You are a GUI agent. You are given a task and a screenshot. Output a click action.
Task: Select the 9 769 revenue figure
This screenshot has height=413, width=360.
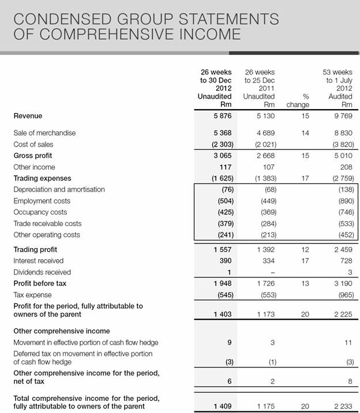(342, 116)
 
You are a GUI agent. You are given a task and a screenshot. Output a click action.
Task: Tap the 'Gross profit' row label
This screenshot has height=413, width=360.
(32, 156)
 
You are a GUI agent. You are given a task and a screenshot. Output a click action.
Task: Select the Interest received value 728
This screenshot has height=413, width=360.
(345, 261)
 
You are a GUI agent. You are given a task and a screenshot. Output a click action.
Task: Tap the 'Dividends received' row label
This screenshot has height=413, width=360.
(42, 272)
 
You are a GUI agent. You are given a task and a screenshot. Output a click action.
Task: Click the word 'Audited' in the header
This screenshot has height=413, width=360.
(340, 96)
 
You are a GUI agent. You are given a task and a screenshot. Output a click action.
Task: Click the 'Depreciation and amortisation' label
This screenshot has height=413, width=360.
(59, 189)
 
